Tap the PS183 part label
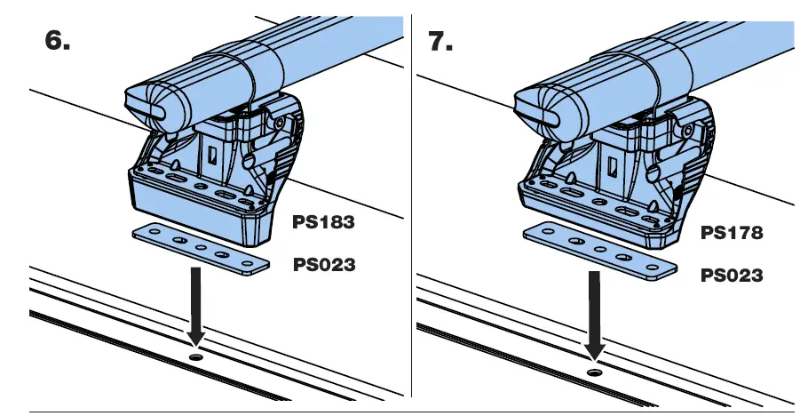point(323,222)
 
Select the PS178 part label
point(732,233)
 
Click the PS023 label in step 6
point(323,264)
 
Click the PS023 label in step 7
point(732,276)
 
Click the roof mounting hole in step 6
point(196,356)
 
